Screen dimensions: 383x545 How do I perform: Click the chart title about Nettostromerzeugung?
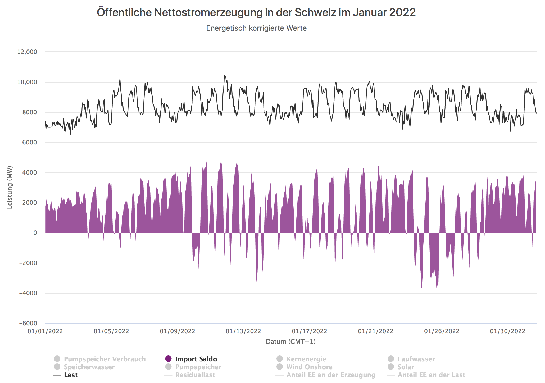[x=256, y=12]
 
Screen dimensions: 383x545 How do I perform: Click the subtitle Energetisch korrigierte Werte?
[x=256, y=28]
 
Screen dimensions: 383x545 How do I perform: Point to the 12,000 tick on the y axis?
[x=27, y=52]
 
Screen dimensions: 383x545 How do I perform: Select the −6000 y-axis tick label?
[x=28, y=323]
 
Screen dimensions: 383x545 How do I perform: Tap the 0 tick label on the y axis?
[x=35, y=233]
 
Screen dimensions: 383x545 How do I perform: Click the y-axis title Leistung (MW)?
[x=10, y=187]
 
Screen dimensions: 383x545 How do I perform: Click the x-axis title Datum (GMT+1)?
[x=290, y=342]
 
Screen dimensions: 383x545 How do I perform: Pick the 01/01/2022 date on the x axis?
[x=45, y=331]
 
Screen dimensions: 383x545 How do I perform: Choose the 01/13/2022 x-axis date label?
[x=243, y=331]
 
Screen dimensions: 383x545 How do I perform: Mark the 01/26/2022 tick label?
[x=442, y=331]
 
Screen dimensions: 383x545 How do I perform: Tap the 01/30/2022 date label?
[x=507, y=331]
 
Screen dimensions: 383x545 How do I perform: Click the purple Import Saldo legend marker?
[x=168, y=359]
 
